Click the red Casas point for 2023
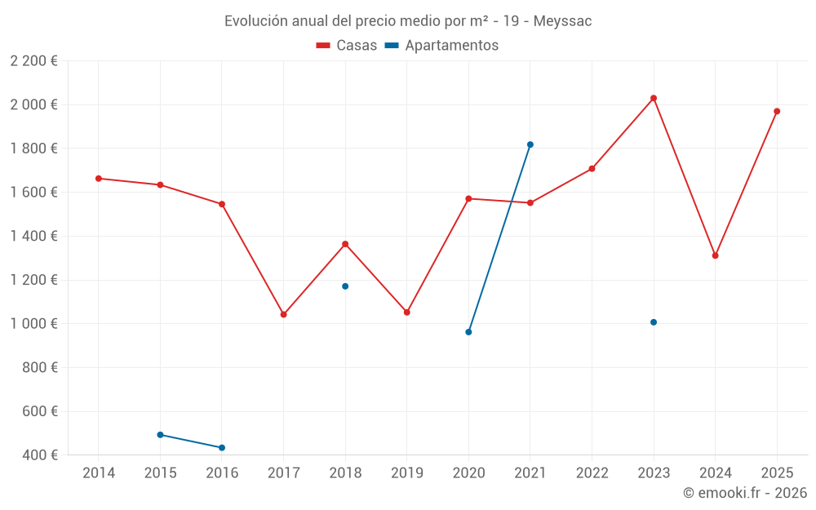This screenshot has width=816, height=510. click(x=654, y=98)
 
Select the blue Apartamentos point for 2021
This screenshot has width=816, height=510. click(x=530, y=144)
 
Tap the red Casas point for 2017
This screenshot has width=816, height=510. click(x=283, y=314)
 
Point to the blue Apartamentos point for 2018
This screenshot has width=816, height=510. click(x=345, y=286)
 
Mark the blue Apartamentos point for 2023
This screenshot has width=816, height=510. click(x=654, y=322)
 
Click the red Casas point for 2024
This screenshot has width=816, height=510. click(x=715, y=255)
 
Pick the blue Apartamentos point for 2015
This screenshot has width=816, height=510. click(x=160, y=435)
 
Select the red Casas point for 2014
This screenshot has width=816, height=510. click(x=99, y=178)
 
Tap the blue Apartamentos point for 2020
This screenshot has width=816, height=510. click(x=468, y=332)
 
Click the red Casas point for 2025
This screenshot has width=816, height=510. click(x=777, y=111)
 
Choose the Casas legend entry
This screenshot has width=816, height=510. click(x=347, y=46)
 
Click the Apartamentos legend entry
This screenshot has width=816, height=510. click(x=441, y=46)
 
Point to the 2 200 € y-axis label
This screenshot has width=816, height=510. click(x=33, y=60)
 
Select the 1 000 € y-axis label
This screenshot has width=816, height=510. click(x=33, y=324)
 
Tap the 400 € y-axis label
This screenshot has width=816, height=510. click(x=38, y=455)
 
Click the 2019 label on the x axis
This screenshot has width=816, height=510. click(x=406, y=473)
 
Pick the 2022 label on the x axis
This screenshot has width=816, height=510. click(x=592, y=473)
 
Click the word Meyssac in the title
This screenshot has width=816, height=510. click(x=562, y=21)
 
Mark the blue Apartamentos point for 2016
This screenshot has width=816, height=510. click(x=222, y=447)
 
